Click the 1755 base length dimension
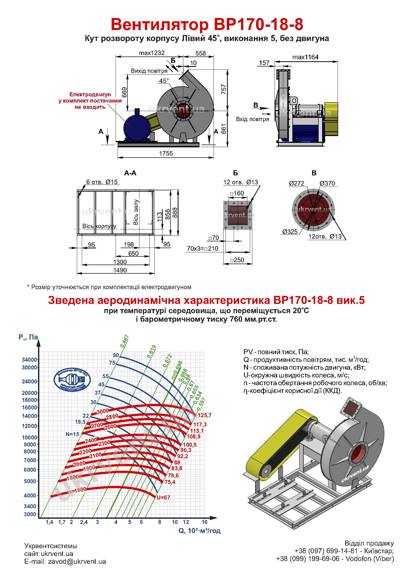(x=166, y=153)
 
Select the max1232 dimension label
(x=152, y=53)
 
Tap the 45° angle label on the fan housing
(x=164, y=81)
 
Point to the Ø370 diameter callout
(x=327, y=183)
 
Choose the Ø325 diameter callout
(x=290, y=232)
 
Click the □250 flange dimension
(x=237, y=260)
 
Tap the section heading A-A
(x=130, y=173)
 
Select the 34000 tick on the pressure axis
(x=30, y=360)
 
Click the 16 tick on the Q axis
(x=204, y=522)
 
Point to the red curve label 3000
(x=103, y=411)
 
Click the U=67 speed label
(x=163, y=497)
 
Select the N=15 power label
(x=72, y=434)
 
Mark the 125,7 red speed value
(x=204, y=415)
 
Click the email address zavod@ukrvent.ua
(x=77, y=561)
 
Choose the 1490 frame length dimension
(x=120, y=270)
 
